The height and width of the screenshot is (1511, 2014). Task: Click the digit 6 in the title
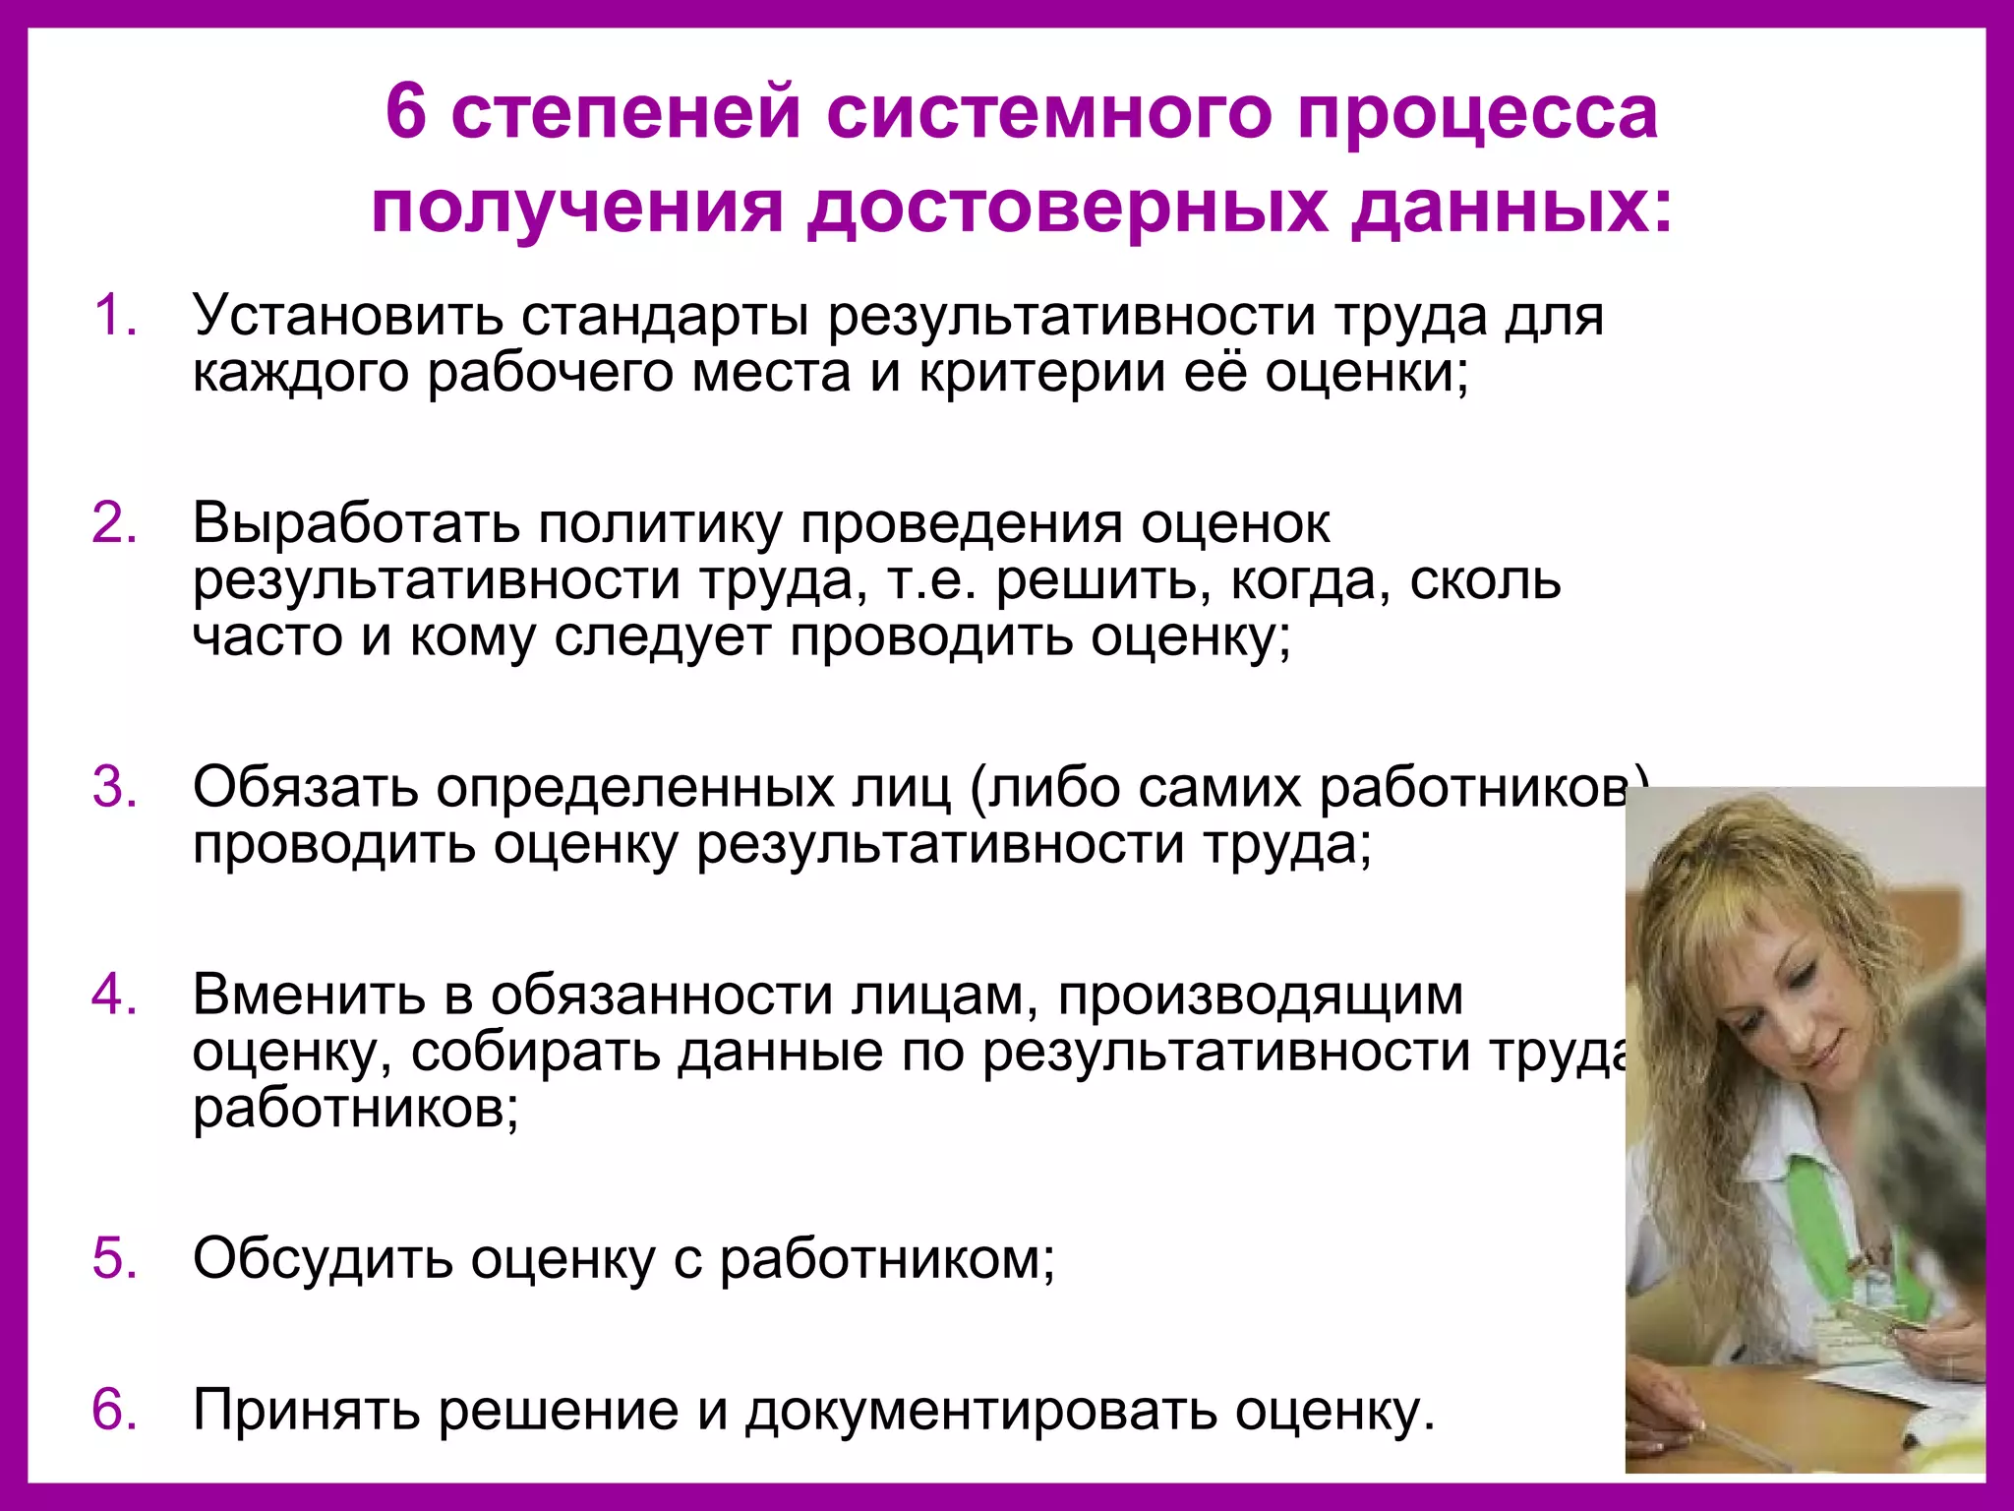pyautogui.click(x=406, y=112)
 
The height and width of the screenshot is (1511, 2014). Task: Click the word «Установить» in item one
pyautogui.click(x=347, y=317)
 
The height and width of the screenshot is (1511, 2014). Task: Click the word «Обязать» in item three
pyautogui.click(x=306, y=788)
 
